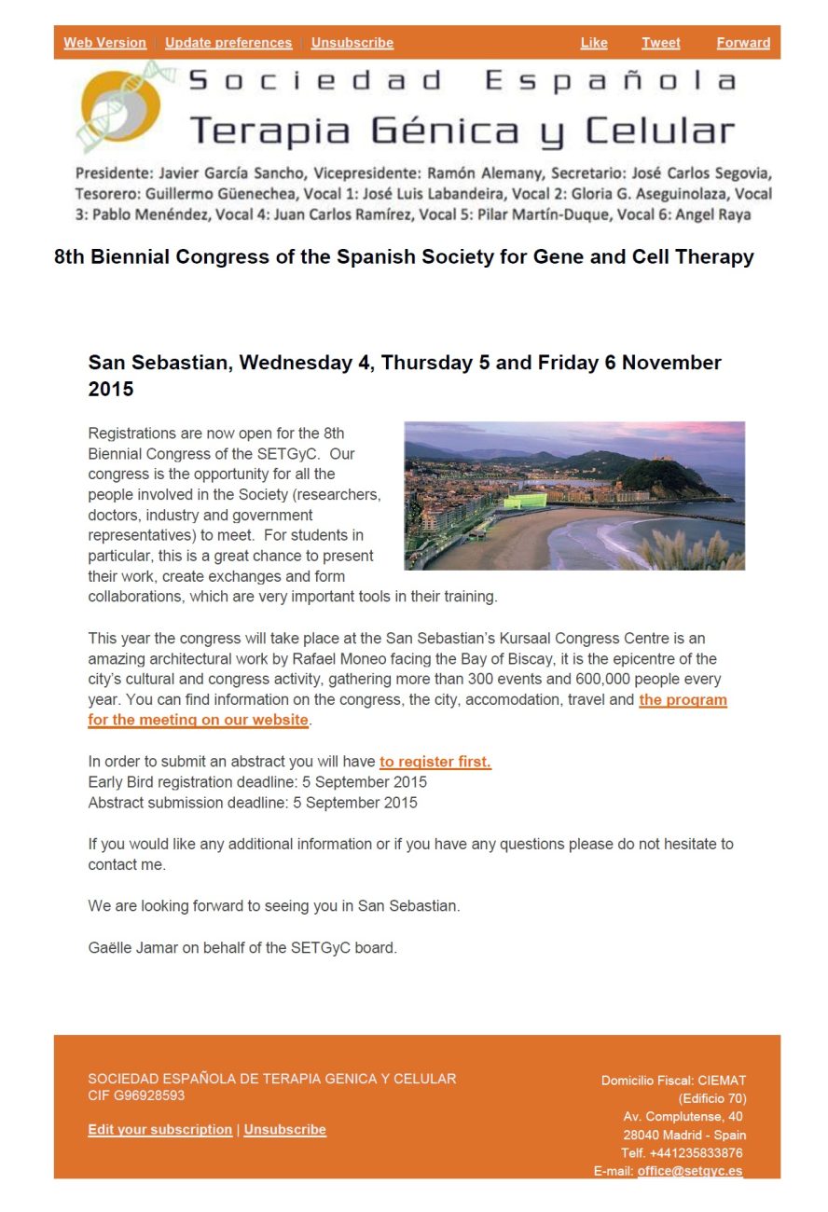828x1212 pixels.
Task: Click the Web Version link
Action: click(x=104, y=43)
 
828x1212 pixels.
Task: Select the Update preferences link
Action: click(x=228, y=43)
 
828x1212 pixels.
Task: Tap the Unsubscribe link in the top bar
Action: click(x=352, y=43)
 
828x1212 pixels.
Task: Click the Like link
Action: click(x=594, y=43)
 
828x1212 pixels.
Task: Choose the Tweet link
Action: click(x=661, y=43)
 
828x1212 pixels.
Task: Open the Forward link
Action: click(x=743, y=43)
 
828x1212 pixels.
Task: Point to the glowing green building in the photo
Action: click(x=524, y=501)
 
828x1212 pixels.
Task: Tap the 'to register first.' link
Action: click(x=435, y=762)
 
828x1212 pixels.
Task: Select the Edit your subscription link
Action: click(x=160, y=1130)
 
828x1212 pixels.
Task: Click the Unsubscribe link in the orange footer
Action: click(x=285, y=1130)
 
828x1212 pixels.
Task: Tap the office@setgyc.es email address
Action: click(x=690, y=1171)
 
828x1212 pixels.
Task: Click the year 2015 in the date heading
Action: click(x=111, y=390)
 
